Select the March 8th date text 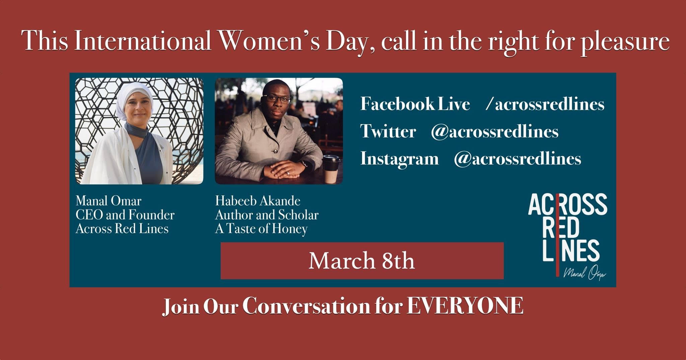click(362, 261)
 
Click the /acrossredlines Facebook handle click(545, 104)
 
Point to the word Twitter click(388, 131)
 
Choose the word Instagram click(399, 159)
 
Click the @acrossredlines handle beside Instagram click(518, 159)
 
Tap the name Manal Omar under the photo click(109, 201)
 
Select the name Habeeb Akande click(258, 201)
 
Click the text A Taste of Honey click(261, 229)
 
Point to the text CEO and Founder click(125, 215)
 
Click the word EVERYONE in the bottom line click(465, 305)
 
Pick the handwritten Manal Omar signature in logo click(585, 273)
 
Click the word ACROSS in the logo click(568, 205)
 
